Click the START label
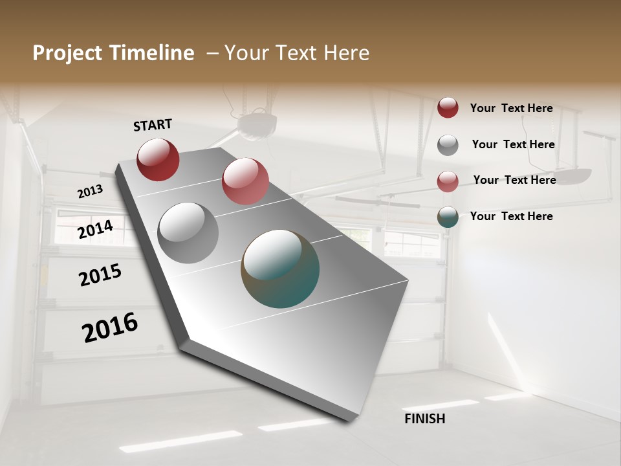pos(153,125)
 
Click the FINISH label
pos(424,419)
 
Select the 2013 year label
pos(90,192)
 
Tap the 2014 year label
pos(95,229)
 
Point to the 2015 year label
pos(100,275)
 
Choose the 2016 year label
pos(110,327)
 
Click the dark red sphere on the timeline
pos(158,159)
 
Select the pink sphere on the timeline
pos(245,181)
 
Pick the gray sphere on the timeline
pos(188,232)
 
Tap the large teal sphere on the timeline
pos(280,269)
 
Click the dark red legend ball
pos(448,107)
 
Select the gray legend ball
pos(448,145)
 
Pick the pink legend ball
pos(448,181)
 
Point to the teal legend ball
pos(448,217)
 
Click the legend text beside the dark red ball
pos(511,108)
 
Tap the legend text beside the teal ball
pos(511,216)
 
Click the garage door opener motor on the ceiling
pos(257,125)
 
